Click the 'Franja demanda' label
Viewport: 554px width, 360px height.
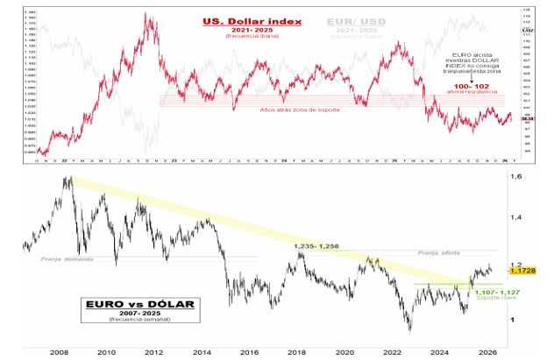pos(65,259)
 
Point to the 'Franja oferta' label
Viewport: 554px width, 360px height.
pos(441,252)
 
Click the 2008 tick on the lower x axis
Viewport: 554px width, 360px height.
pos(60,351)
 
